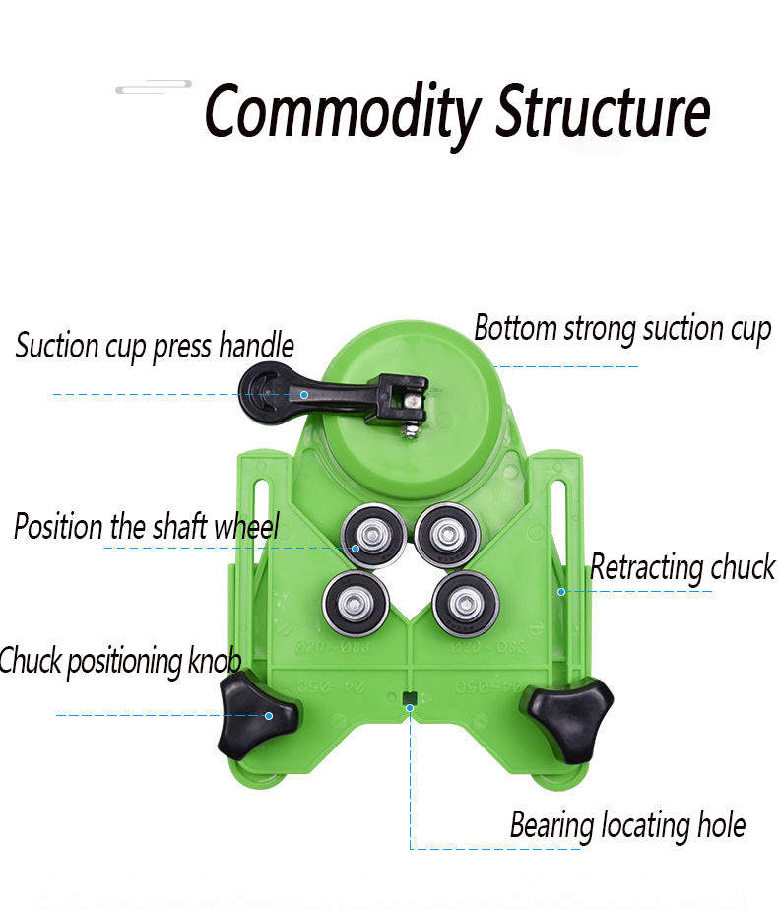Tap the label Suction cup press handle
[x=155, y=347]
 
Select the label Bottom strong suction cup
[x=621, y=329]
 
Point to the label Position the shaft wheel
[x=147, y=527]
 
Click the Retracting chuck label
[x=681, y=567]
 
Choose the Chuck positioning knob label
[x=119, y=661]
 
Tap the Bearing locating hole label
[x=627, y=825]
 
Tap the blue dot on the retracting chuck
[x=560, y=591]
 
